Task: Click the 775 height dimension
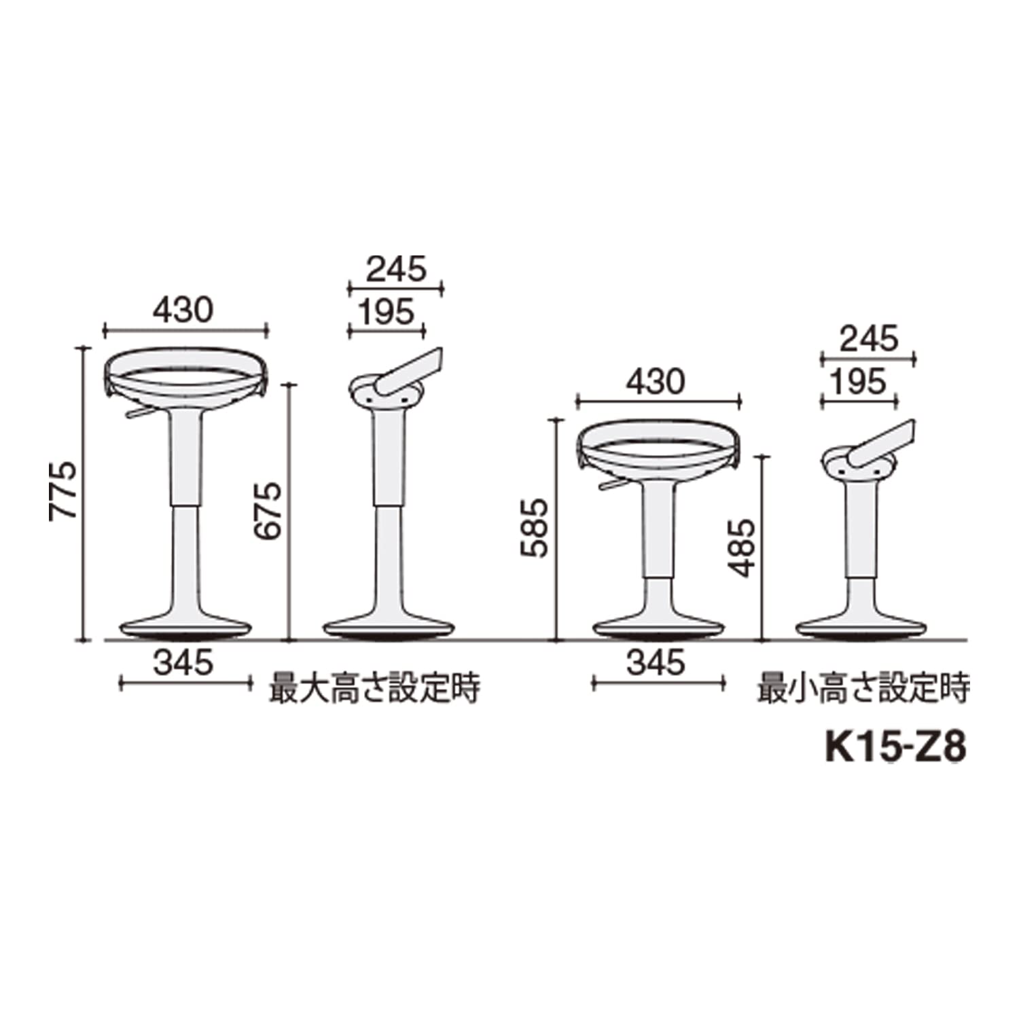[x=63, y=491]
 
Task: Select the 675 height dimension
[x=268, y=511]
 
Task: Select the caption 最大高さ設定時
[x=375, y=687]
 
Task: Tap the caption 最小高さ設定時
[x=863, y=687]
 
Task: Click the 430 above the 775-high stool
[x=183, y=310]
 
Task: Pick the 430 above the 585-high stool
[x=656, y=382]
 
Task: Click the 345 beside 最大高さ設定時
[x=183, y=662]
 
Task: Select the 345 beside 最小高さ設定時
[x=656, y=662]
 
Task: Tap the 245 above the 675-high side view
[x=397, y=270]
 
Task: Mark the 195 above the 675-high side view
[x=386, y=312]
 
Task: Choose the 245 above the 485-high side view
[x=869, y=339]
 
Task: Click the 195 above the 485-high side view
[x=859, y=382]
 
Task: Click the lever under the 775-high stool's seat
[x=139, y=412]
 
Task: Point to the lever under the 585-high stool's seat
[x=613, y=484]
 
